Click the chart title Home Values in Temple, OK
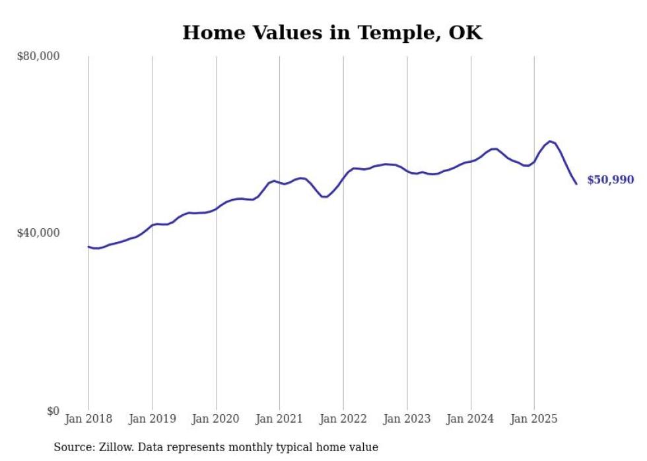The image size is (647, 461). tap(332, 32)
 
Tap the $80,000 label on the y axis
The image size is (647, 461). tap(38, 56)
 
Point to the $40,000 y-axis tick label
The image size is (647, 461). tap(38, 233)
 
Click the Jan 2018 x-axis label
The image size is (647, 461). tap(88, 419)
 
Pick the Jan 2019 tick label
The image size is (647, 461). tap(153, 419)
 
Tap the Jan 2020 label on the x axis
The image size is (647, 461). tap(216, 419)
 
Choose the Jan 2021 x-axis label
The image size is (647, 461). tap(279, 419)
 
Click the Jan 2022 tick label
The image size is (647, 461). tap(343, 419)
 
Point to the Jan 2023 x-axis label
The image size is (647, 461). tap(407, 419)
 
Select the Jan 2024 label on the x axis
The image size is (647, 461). tap(471, 419)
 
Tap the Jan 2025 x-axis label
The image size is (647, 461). tap(534, 419)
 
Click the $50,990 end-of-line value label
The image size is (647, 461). tap(610, 179)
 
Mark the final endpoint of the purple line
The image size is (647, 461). tap(576, 183)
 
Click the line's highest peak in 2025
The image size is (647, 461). tap(549, 141)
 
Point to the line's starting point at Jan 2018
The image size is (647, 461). tap(88, 247)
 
